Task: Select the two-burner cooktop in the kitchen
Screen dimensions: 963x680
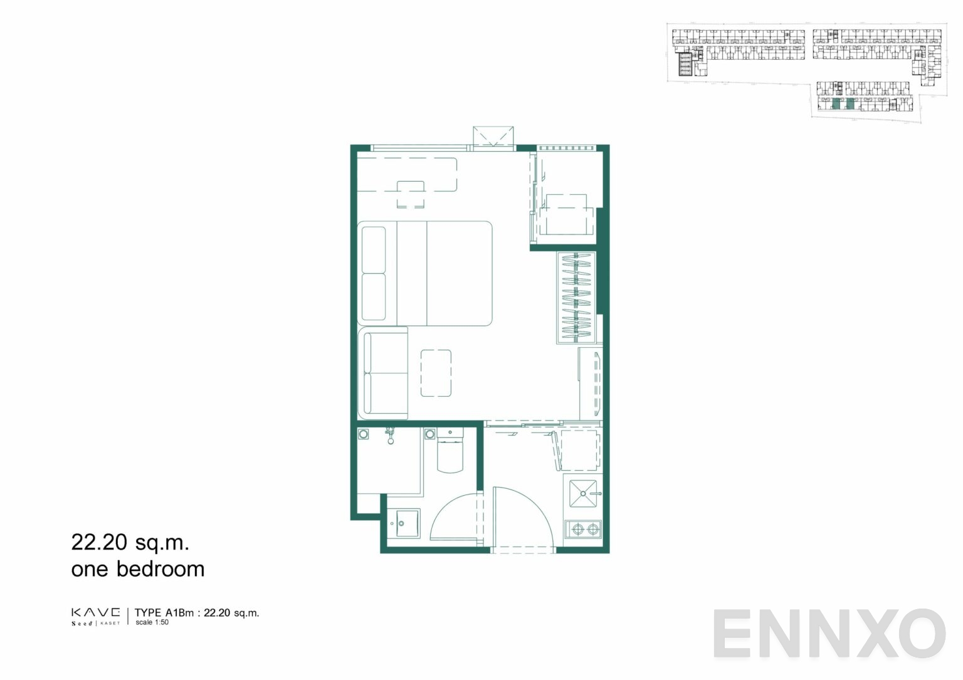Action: click(x=582, y=529)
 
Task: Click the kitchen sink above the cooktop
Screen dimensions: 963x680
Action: click(x=583, y=493)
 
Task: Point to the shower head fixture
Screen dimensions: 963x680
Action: click(x=391, y=436)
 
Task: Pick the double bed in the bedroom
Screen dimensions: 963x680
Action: click(x=424, y=273)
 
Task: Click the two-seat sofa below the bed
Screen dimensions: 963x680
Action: click(x=382, y=373)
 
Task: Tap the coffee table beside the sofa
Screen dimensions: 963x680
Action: click(x=436, y=373)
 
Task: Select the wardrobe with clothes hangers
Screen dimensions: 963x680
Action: click(x=577, y=298)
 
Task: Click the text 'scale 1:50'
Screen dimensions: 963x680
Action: click(x=152, y=622)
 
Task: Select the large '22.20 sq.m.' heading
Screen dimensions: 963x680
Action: click(x=130, y=543)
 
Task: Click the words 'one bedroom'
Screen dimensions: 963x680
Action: click(x=137, y=569)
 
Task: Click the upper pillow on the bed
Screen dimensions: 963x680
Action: click(x=374, y=249)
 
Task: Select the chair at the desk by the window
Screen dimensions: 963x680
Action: click(x=411, y=194)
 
